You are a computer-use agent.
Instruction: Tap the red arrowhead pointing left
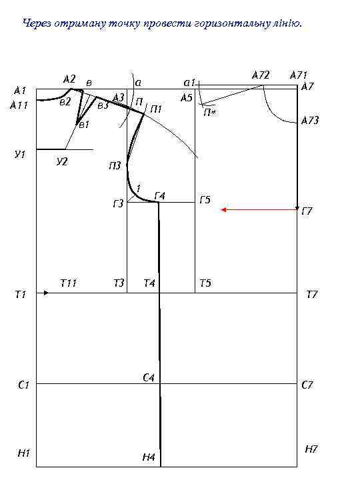pos(223,210)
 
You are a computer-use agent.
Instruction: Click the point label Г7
pos(307,211)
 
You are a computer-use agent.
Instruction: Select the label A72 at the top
pos(261,75)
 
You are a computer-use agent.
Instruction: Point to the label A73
pos(310,120)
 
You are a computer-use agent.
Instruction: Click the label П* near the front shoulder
pos(210,113)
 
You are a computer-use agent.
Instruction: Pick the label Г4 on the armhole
pos(160,195)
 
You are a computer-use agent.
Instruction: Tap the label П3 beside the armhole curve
pos(115,166)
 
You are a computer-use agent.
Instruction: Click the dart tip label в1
pos(84,125)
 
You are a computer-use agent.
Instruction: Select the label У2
pos(62,161)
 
